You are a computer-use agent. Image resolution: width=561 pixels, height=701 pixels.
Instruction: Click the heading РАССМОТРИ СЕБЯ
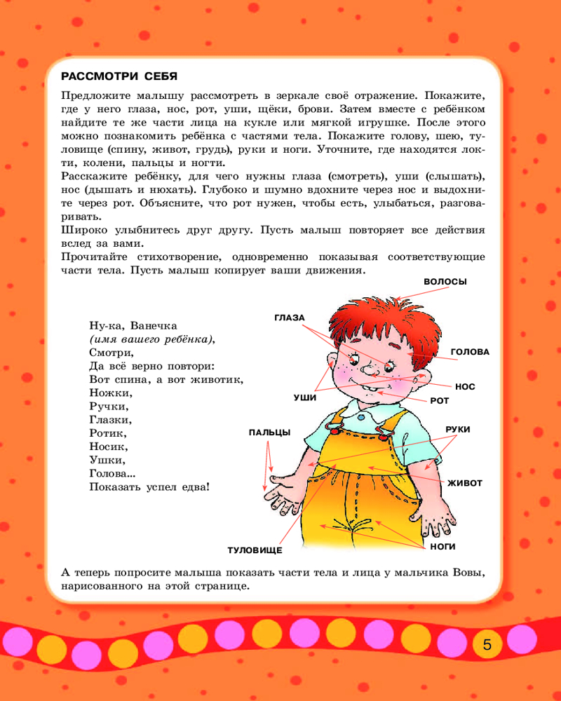pyautogui.click(x=119, y=76)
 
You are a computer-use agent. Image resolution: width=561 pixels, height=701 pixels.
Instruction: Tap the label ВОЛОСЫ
pyautogui.click(x=445, y=281)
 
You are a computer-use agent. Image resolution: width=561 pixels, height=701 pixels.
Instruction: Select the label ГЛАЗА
pyautogui.click(x=289, y=318)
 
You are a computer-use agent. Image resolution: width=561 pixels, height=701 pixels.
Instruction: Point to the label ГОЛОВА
pyautogui.click(x=470, y=352)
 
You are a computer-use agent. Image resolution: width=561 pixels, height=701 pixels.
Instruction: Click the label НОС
pyautogui.click(x=465, y=386)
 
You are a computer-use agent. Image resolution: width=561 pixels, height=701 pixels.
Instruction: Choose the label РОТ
pyautogui.click(x=439, y=401)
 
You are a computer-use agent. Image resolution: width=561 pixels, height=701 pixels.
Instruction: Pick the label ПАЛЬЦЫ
pyautogui.click(x=269, y=433)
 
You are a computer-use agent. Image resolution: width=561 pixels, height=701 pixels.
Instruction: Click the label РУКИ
pyautogui.click(x=458, y=429)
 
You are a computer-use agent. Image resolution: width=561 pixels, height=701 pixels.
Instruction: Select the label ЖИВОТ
pyautogui.click(x=466, y=483)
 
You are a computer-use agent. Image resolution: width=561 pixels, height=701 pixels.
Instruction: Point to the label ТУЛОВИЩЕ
pyautogui.click(x=254, y=550)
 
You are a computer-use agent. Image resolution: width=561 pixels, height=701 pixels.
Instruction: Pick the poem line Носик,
pyautogui.click(x=108, y=446)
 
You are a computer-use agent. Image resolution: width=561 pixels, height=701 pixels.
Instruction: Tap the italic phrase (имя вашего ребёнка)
pyautogui.click(x=151, y=339)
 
